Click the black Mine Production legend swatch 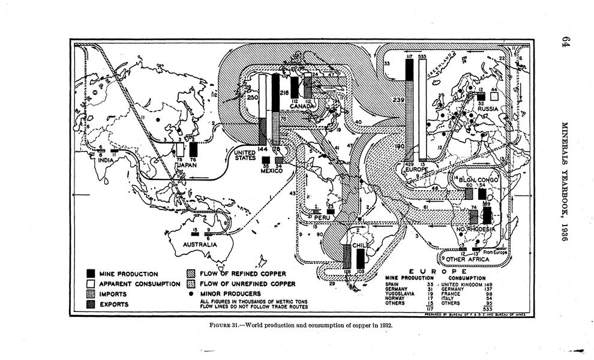[91, 274]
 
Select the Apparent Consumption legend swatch [91, 284]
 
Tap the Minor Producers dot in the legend [191, 293]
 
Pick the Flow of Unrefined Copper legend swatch [191, 284]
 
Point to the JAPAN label [179, 161]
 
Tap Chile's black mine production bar [360, 259]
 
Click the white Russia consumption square [493, 94]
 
